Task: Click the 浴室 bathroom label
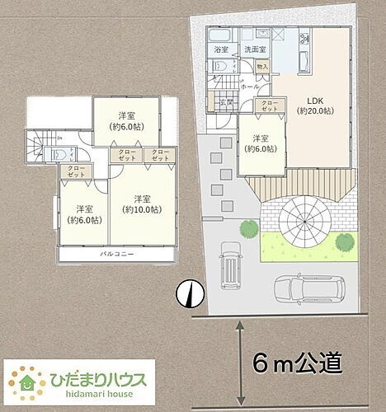click(x=221, y=50)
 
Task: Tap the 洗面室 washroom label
click(x=253, y=50)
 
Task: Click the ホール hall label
click(x=251, y=86)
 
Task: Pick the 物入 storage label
click(x=262, y=66)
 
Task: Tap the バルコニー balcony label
click(x=119, y=254)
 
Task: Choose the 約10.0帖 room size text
click(x=141, y=209)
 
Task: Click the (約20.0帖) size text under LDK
click(x=316, y=110)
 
